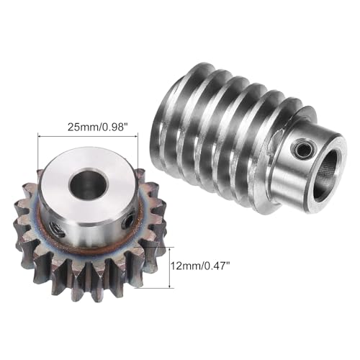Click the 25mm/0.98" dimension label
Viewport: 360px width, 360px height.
97,127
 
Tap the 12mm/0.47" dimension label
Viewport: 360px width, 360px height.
199,266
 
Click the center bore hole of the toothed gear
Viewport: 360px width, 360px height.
89,184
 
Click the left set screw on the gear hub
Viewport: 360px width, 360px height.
57,228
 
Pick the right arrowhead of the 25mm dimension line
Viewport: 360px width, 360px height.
136,136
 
